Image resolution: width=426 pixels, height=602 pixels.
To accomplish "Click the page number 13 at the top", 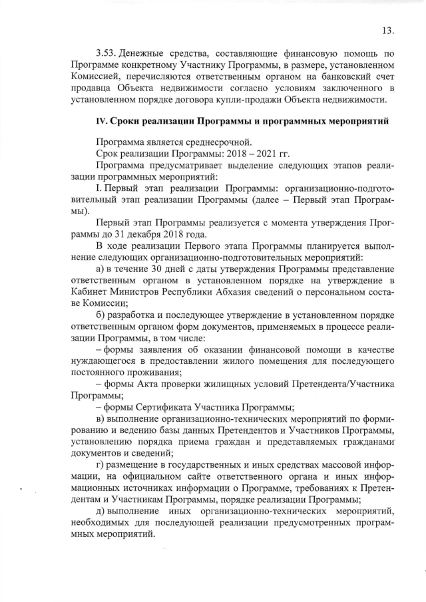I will pyautogui.click(x=389, y=30).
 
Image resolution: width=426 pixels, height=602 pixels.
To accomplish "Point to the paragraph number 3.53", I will pyautogui.click(x=108, y=52).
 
